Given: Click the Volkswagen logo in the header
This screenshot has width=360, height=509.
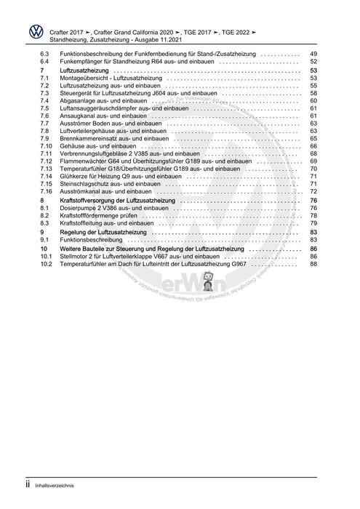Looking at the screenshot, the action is tap(33, 32).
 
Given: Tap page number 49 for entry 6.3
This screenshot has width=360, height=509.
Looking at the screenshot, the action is tap(313, 55).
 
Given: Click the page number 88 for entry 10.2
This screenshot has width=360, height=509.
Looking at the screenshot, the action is tap(313, 264).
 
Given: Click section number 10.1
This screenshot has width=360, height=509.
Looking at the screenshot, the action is tap(45, 257).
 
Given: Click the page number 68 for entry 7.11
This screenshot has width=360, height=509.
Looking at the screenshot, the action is tap(313, 154).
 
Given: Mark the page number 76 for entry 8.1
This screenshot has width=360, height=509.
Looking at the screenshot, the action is tap(313, 208).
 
